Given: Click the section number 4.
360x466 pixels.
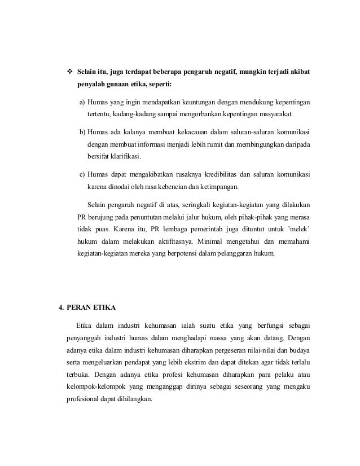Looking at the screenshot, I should pos(62,308).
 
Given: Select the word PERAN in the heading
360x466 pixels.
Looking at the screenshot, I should pos(80,308).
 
